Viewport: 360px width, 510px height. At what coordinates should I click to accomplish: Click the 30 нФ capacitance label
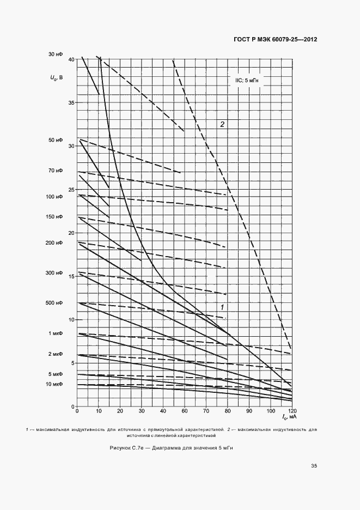pos(56,54)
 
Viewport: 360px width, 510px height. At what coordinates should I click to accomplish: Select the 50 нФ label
pos(56,140)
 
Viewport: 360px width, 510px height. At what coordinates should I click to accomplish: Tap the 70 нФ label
pos(56,171)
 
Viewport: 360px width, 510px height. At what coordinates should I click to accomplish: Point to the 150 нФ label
pos(54,217)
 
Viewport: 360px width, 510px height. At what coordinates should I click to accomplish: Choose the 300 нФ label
pos(54,272)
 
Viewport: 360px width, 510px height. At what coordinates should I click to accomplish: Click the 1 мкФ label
pos(56,333)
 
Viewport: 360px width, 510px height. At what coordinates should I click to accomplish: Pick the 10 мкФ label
pos(54,384)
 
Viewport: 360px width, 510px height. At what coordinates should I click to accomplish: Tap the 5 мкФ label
pos(56,374)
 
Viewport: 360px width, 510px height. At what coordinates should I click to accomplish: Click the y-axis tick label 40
pos(71,59)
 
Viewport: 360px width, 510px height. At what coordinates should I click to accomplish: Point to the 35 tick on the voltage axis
pos(71,102)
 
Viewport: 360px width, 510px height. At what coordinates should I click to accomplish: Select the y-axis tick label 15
pos(71,276)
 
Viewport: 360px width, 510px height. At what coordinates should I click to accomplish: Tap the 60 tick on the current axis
pos(184,411)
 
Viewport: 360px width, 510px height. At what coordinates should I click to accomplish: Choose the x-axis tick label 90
pos(249,411)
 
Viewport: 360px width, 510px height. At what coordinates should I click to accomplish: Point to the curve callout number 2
pos(222,124)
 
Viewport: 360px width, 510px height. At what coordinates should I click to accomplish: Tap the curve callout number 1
pos(222,307)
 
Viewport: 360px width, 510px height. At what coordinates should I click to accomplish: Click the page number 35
pos(314,465)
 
